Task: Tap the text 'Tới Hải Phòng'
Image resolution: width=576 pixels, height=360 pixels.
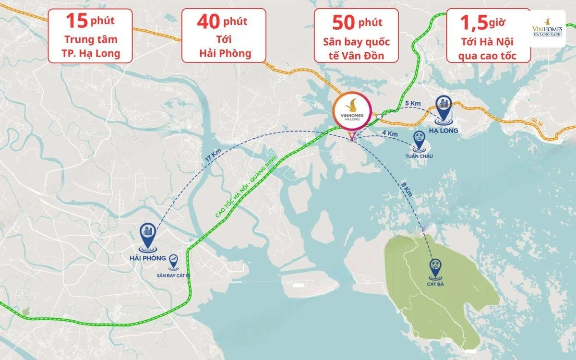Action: [x=225, y=47]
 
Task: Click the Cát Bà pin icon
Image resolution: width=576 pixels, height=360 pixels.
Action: [x=436, y=266]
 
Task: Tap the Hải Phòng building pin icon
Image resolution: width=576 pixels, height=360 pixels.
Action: [x=148, y=236]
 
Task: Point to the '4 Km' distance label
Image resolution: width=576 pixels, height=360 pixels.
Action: [x=389, y=133]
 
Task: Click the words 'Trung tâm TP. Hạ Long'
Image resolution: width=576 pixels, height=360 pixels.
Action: [x=90, y=47]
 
